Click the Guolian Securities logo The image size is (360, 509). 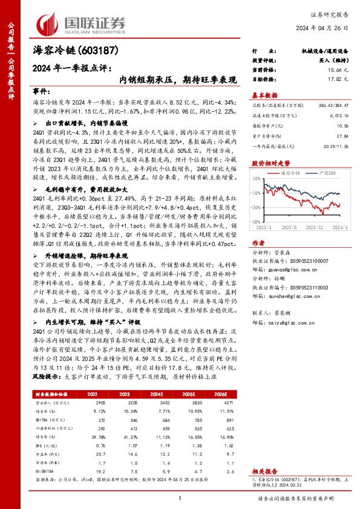click(81, 23)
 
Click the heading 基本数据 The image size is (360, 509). click(264, 95)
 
